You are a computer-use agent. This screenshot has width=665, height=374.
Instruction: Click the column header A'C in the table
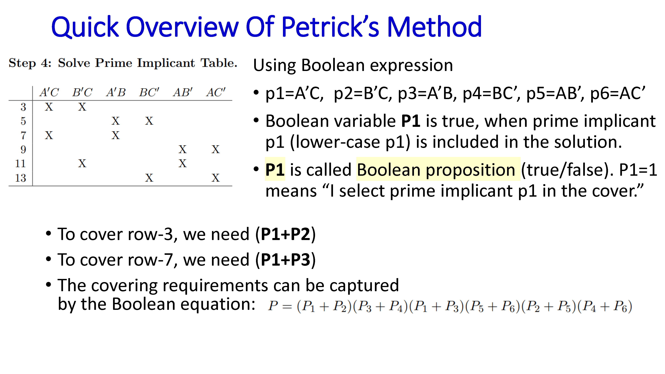(49, 92)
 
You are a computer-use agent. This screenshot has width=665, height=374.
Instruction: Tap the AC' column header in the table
(216, 92)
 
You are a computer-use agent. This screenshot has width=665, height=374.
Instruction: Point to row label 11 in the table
(21, 163)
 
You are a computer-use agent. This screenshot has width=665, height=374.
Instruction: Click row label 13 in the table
(21, 178)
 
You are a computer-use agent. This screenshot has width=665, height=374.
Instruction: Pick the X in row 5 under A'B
(116, 121)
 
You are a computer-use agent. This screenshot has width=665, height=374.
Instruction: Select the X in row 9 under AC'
(216, 149)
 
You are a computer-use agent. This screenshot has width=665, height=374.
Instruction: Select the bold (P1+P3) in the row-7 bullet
(285, 260)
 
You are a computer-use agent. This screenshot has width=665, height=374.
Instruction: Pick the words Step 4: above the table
(30, 63)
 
